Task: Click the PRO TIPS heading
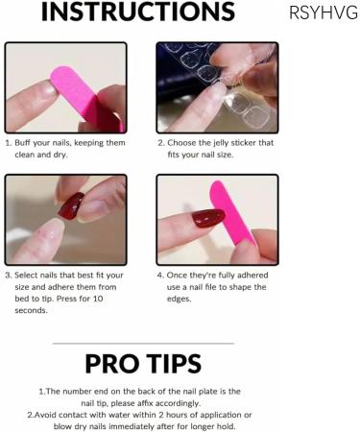[x=142, y=364]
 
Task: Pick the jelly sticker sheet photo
[x=217, y=87]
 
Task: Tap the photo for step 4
[x=217, y=220]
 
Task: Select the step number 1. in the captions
[x=9, y=142]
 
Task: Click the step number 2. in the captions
[x=160, y=142]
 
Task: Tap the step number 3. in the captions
[x=9, y=275]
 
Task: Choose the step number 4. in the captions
[x=160, y=275]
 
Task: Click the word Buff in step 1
[x=25, y=142]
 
